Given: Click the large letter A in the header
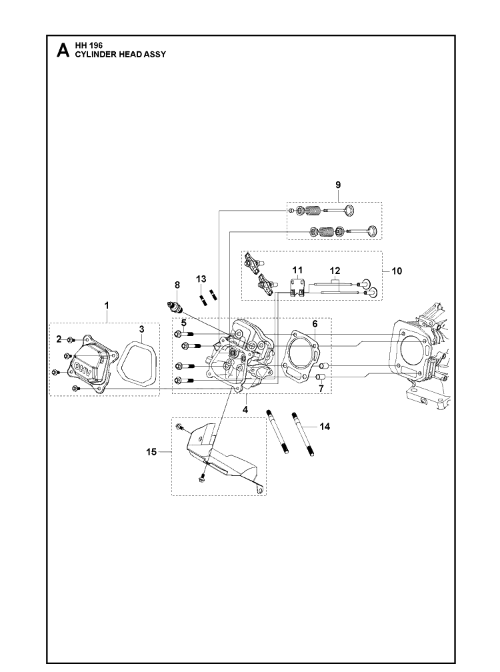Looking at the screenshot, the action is (x=63, y=50).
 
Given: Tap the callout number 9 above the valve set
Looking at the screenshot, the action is (x=338, y=185).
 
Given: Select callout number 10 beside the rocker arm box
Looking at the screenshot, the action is (x=397, y=271).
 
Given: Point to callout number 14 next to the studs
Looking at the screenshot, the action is (x=325, y=427).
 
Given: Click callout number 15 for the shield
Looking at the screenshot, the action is (x=151, y=452).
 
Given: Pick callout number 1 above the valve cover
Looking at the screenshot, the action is (x=107, y=305).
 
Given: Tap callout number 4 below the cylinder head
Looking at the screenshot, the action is (x=245, y=410).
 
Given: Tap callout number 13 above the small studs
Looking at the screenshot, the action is (x=201, y=279).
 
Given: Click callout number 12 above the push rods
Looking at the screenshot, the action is (x=335, y=271).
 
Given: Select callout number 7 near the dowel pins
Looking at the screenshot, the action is (x=321, y=389).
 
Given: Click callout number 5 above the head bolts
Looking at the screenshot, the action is (x=183, y=322).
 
